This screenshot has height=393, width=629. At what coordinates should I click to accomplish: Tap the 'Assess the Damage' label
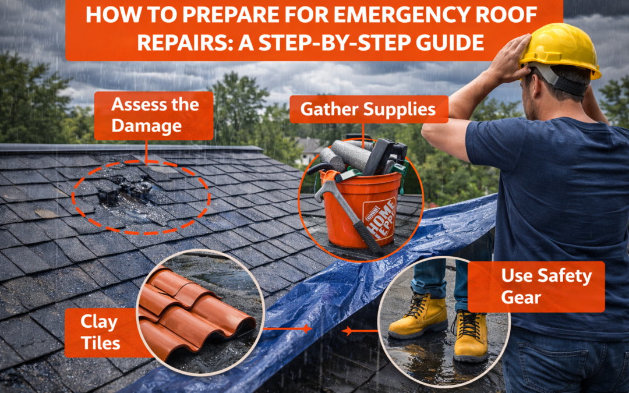154,115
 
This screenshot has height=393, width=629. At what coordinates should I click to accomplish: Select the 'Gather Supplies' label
369,109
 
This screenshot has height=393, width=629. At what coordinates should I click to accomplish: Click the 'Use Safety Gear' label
536,286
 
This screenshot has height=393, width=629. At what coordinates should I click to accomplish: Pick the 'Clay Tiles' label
100,332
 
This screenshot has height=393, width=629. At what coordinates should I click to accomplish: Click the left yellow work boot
418,316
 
